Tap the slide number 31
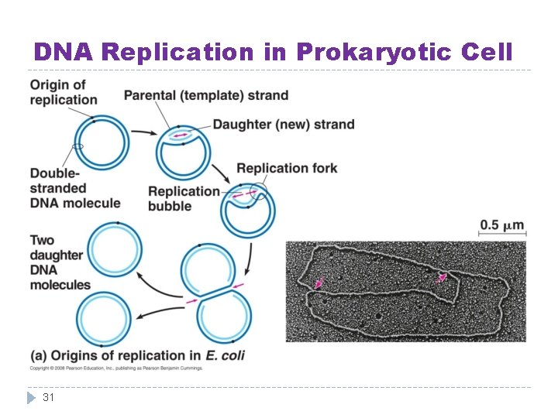(48, 397)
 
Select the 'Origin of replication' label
(64, 92)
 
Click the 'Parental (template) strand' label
(206, 96)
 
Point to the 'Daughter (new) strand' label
(284, 124)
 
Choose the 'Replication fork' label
(287, 168)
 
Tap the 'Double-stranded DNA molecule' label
(74, 188)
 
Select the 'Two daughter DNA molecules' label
(60, 262)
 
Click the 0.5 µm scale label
(502, 225)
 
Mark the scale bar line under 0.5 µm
(502, 235)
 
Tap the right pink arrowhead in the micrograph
(441, 277)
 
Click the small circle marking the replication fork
(259, 191)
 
